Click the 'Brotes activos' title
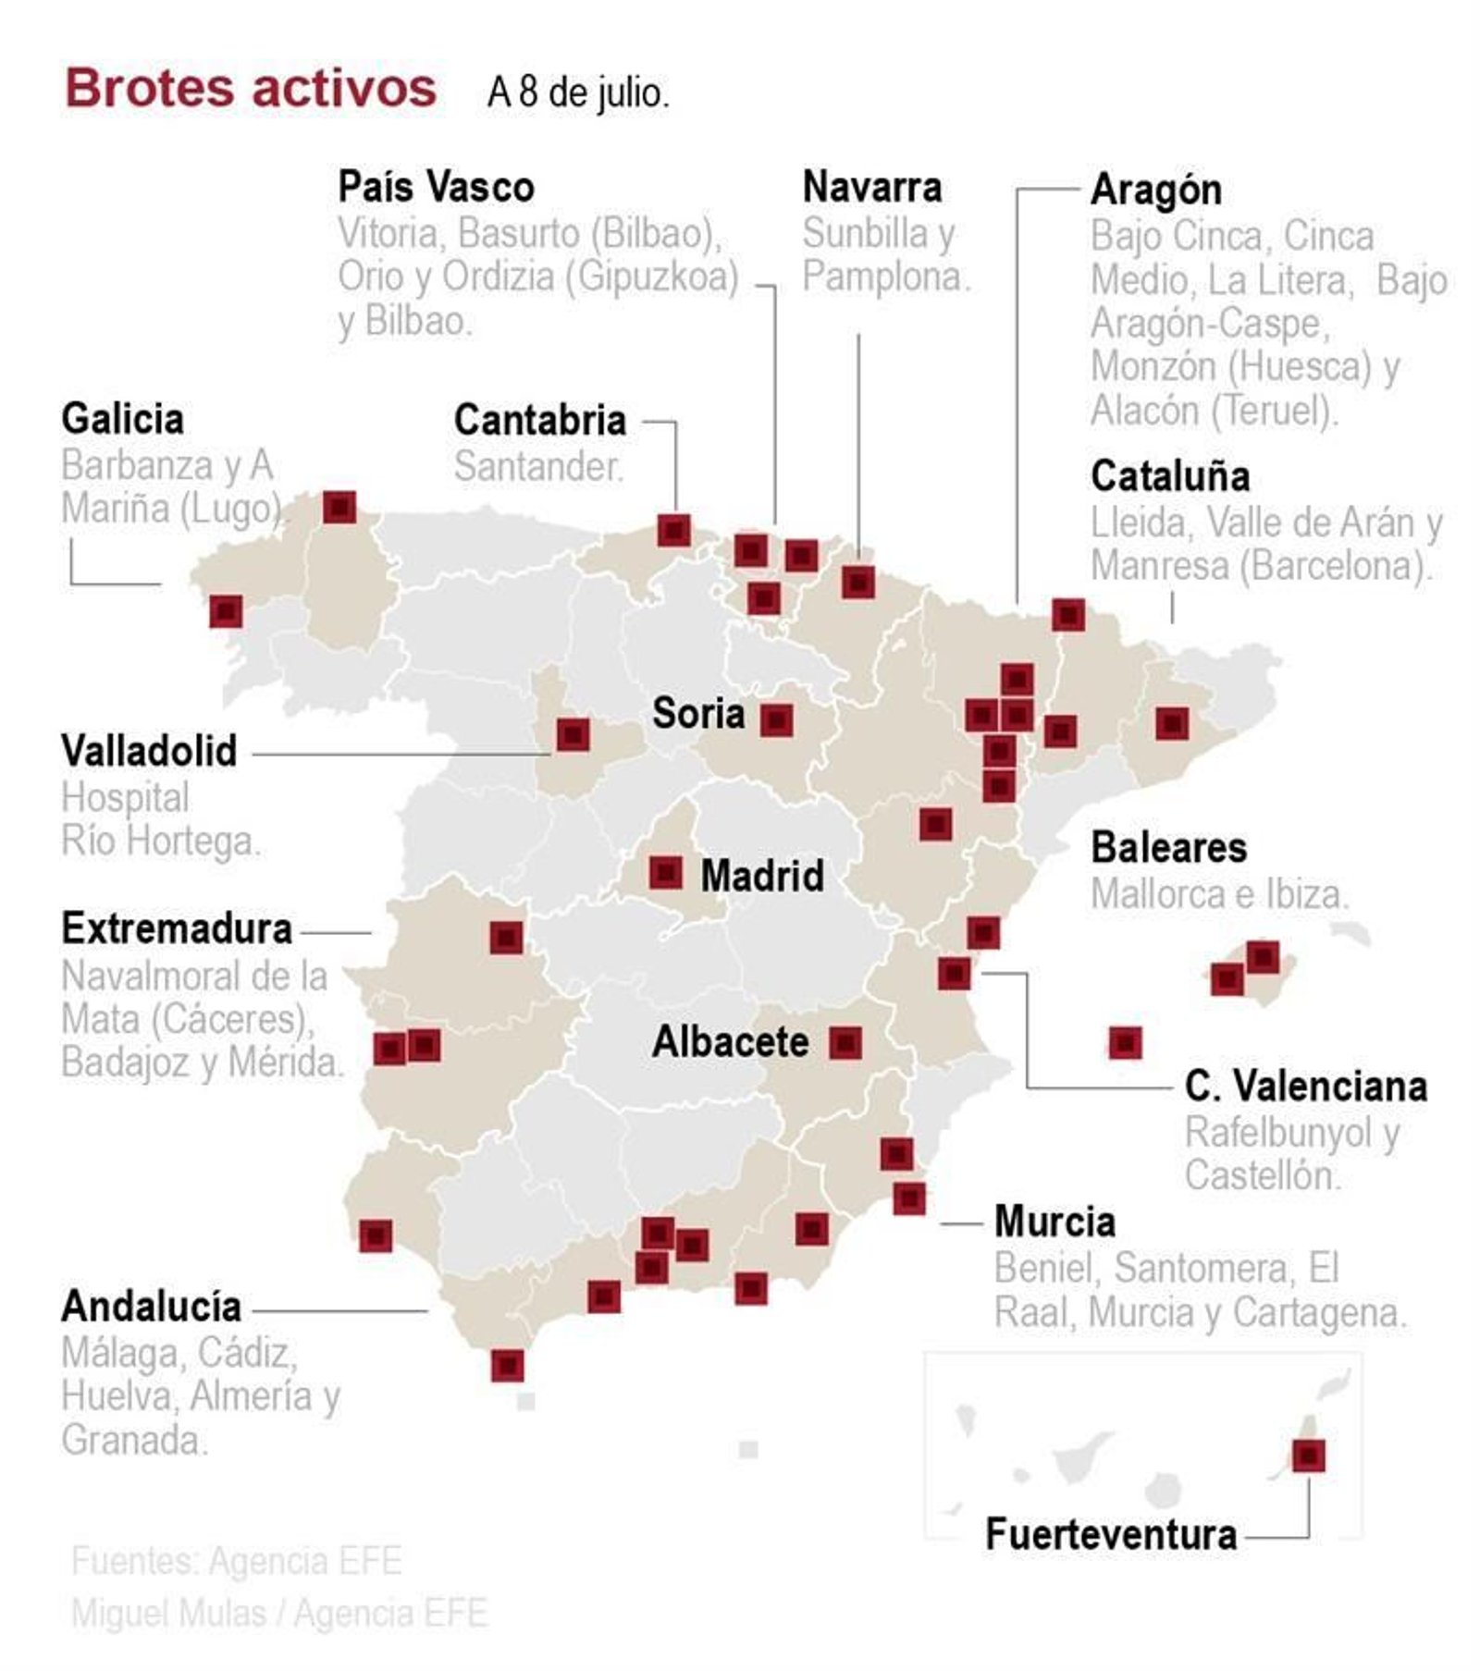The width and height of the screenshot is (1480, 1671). pos(250,89)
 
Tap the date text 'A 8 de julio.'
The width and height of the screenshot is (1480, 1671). pos(577,92)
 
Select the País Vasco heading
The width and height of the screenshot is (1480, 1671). pos(436,187)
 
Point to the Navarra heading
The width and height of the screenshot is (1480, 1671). pos(871,187)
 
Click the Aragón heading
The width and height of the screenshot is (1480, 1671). pos(1155,190)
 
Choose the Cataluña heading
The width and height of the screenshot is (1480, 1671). pos(1169,476)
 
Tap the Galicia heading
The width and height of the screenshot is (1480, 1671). pos(122,419)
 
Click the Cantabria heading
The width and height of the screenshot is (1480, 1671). pos(539,420)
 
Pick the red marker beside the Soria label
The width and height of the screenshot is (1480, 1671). pos(776,719)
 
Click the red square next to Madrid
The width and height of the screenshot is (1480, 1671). pos(666,872)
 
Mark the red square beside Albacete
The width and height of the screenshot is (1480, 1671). pos(845,1042)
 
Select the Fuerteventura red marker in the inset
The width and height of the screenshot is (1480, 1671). pos(1308,1455)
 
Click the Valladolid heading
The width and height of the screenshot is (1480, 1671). pos(149,750)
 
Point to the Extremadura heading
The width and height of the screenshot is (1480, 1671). pos(177,928)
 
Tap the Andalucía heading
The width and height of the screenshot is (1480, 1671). pos(152,1306)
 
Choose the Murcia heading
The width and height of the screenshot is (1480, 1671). pos(1054,1221)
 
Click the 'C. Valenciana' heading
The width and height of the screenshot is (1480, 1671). pos(1305,1086)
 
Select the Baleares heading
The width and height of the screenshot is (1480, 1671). pos(1168,847)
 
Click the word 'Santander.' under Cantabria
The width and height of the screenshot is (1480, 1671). pos(538,466)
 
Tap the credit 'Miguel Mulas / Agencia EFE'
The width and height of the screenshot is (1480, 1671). pos(278,1613)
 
